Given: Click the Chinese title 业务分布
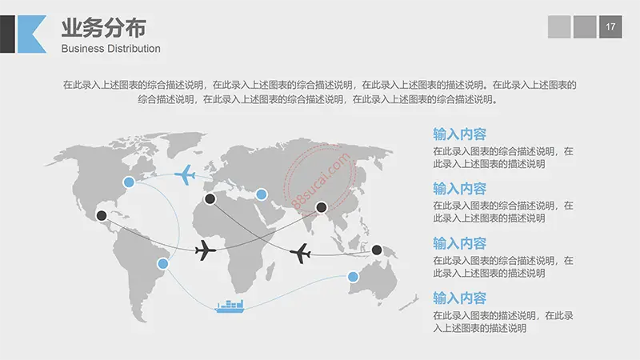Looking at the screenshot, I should [104, 28].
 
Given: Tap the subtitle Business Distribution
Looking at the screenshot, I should [111, 49].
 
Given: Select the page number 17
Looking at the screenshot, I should [610, 26].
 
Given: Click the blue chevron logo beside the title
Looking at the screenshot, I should [30, 33].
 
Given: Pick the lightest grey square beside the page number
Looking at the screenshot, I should [559, 26].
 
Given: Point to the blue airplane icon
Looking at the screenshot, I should [186, 174].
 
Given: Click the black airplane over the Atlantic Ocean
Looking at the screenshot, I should [206, 250].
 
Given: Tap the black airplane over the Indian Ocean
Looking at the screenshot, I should [301, 254].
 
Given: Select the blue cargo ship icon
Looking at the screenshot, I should [230, 306].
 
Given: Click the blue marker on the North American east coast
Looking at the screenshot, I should [128, 184].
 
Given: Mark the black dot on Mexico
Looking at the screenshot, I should [102, 214].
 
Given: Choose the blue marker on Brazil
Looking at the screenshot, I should [162, 263].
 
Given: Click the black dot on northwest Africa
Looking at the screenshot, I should [210, 198].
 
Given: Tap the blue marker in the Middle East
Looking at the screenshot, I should [261, 194].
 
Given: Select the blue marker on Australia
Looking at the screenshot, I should [353, 277].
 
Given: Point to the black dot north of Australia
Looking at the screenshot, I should [377, 250].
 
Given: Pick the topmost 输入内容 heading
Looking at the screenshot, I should [459, 134].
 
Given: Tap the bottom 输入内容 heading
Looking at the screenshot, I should [459, 298].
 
